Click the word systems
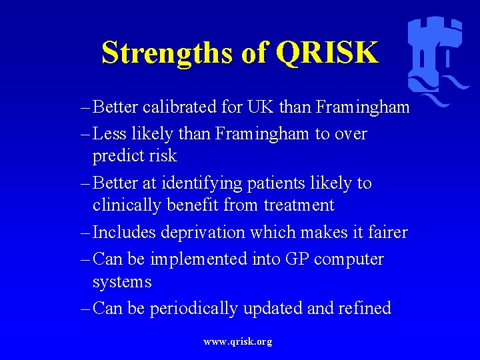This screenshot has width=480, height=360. coord(122,282)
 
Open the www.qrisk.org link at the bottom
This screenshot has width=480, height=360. coord(238,342)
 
